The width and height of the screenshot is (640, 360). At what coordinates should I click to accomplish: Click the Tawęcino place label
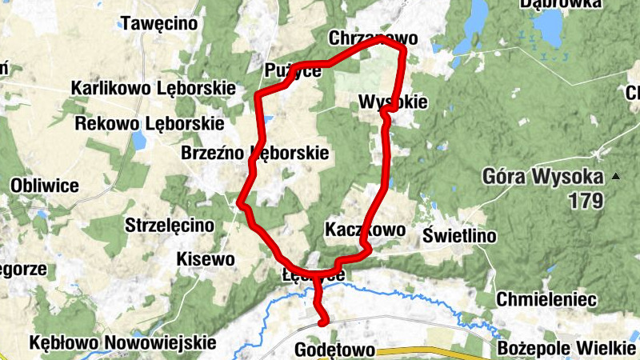158,24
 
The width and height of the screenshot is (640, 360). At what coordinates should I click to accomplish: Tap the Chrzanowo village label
374,38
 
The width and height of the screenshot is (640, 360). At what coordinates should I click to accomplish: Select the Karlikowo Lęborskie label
152,87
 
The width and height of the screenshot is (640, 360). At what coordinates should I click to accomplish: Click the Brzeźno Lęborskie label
255,153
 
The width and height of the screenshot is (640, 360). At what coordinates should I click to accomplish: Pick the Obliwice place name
44,186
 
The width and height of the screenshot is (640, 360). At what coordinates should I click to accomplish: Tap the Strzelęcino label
170,226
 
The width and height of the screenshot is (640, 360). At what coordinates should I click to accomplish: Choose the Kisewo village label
206,259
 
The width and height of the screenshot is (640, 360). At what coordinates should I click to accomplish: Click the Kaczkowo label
366,230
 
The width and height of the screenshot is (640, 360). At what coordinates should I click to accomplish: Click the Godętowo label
335,350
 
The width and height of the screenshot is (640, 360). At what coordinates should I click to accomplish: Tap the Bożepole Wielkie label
566,349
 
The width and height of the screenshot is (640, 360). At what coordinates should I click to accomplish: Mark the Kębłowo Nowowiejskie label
122,342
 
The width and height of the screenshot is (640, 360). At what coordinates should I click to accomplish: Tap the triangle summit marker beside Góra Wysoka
615,176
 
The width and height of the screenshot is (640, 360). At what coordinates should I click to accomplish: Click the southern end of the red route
323,322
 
